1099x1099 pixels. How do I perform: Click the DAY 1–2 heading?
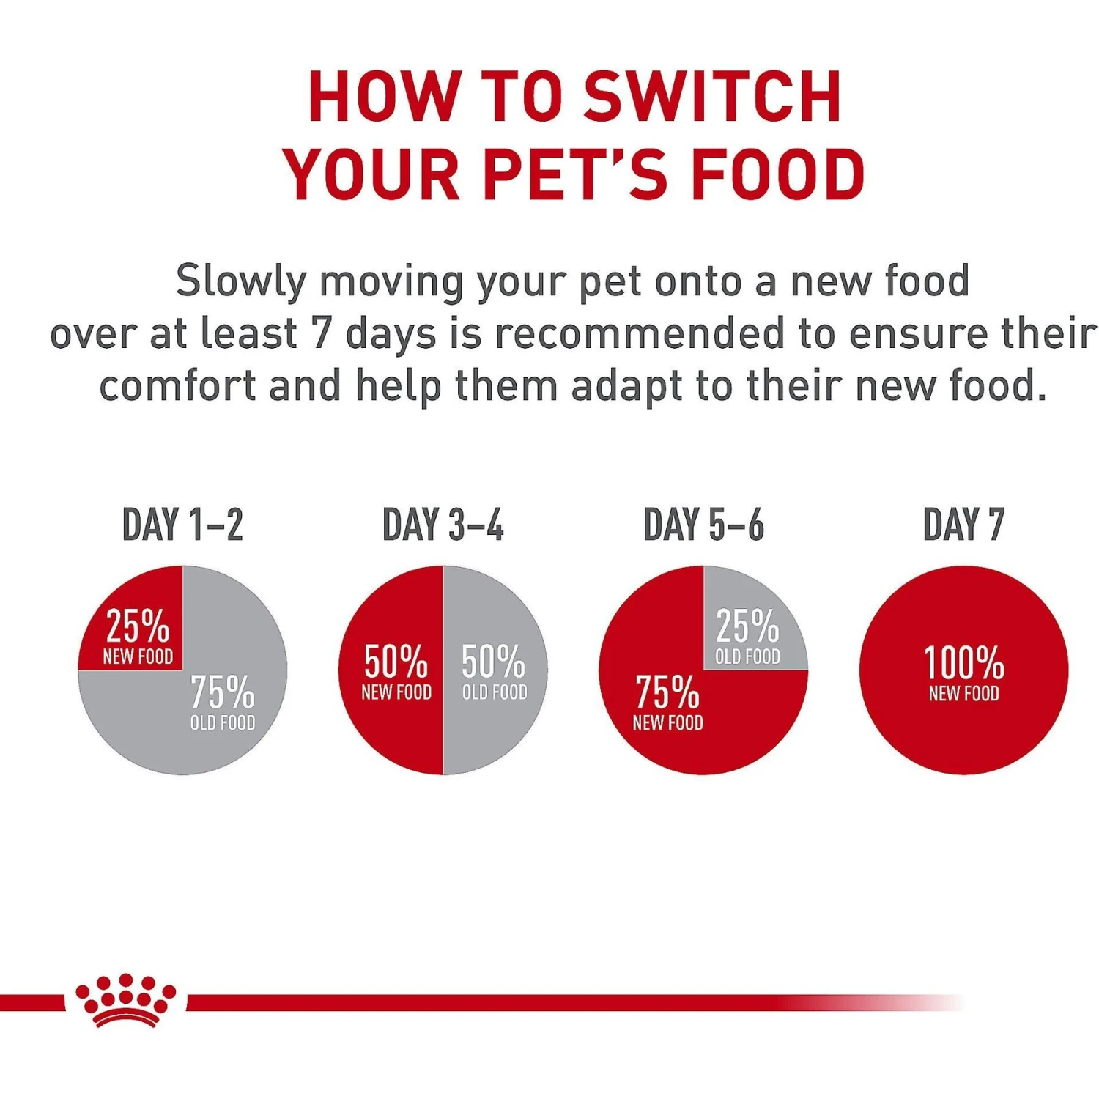[x=182, y=525]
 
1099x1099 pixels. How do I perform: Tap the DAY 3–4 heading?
[x=443, y=525]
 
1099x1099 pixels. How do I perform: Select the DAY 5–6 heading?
[x=703, y=525]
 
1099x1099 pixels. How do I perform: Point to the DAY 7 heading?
[x=963, y=525]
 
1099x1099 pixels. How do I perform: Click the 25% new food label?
[x=138, y=636]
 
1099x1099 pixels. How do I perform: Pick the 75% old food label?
[x=223, y=702]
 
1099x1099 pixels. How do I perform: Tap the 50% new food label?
[x=396, y=671]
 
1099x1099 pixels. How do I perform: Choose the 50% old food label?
[x=494, y=671]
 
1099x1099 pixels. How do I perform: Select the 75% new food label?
[x=667, y=702]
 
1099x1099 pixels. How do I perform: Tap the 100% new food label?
[x=963, y=673]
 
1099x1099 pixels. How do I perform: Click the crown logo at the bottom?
[x=125, y=999]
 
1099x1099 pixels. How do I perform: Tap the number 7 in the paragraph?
[x=322, y=333]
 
